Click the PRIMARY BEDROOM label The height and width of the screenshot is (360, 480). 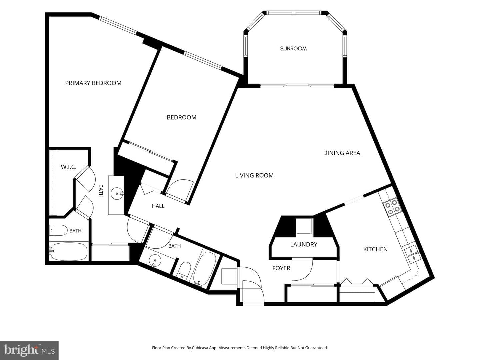click(93, 83)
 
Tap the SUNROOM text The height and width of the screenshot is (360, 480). click(293, 49)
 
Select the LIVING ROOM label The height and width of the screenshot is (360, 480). click(254, 175)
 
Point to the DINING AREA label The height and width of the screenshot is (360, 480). click(342, 153)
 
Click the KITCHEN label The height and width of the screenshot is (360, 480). click(375, 249)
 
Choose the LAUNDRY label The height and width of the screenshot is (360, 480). click(304, 244)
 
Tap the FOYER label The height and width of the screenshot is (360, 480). click(281, 268)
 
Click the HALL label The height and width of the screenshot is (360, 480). click(158, 206)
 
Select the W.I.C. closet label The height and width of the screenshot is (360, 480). click(68, 167)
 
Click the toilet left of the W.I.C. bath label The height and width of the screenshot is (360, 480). click(58, 230)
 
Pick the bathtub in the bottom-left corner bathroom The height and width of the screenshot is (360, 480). click(69, 251)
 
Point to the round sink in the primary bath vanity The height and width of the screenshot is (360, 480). click(117, 193)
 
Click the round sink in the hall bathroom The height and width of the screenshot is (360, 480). click(155, 261)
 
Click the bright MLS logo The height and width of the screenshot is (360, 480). click(29, 350)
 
